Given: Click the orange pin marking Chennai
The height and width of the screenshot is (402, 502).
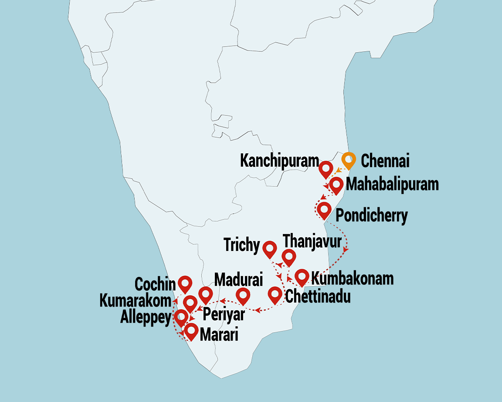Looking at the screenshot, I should coord(349,160).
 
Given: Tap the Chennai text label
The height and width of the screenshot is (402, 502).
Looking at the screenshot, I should coord(385,162).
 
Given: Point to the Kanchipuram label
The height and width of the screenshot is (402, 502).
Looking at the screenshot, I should coord(279,161).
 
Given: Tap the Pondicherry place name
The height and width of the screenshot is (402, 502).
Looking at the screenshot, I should coord(371,216).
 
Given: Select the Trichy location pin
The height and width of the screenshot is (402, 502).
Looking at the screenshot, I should coord(270,249).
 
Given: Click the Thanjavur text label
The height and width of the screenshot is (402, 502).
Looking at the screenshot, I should coord(312,240).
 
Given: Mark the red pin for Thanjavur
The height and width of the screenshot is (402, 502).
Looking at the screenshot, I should coord(288,257).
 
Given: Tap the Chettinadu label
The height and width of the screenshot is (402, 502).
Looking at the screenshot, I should coord(317,297).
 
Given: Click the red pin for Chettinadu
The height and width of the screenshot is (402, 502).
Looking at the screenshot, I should coord(275,294).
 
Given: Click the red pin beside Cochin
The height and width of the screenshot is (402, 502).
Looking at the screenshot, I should coord(185,284).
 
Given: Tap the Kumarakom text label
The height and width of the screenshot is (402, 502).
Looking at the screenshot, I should coord(135,301).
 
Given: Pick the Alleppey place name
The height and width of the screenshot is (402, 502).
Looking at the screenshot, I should coord(146,318).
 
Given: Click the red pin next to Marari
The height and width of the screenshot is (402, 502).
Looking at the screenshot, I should coord(190,331).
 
